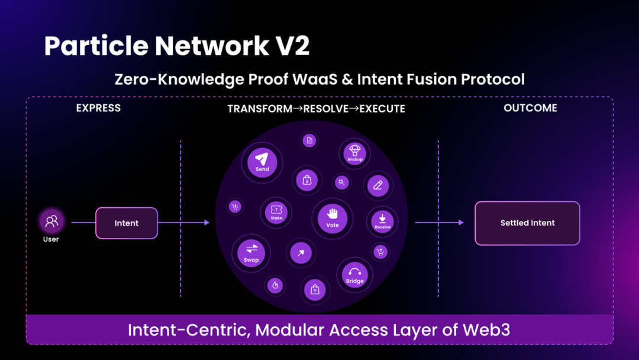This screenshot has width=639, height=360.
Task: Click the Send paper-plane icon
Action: coord(262,159)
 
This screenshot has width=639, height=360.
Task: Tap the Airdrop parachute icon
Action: coord(355,150)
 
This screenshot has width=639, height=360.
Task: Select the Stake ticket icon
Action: coord(276,210)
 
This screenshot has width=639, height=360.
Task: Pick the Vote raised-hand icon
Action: coord(333,214)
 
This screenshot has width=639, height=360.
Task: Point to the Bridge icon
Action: coord(354,271)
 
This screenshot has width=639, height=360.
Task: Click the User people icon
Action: coord(51,221)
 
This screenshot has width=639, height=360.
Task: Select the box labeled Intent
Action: coord(127,223)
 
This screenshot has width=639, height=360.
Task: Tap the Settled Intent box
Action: coord(527,223)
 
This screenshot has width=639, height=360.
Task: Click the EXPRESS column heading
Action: coord(98,108)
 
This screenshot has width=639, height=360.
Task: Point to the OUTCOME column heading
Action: coord(530,108)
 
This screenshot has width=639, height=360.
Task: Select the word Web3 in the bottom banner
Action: coord(485,330)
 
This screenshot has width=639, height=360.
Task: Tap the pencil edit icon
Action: coord(378,185)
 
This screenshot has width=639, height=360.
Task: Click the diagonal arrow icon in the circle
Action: coord(301,253)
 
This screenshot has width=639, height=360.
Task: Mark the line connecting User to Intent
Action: coord(83,223)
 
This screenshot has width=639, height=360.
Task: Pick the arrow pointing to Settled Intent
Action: coord(439,223)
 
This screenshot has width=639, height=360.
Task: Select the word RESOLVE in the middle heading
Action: coord(328,109)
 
